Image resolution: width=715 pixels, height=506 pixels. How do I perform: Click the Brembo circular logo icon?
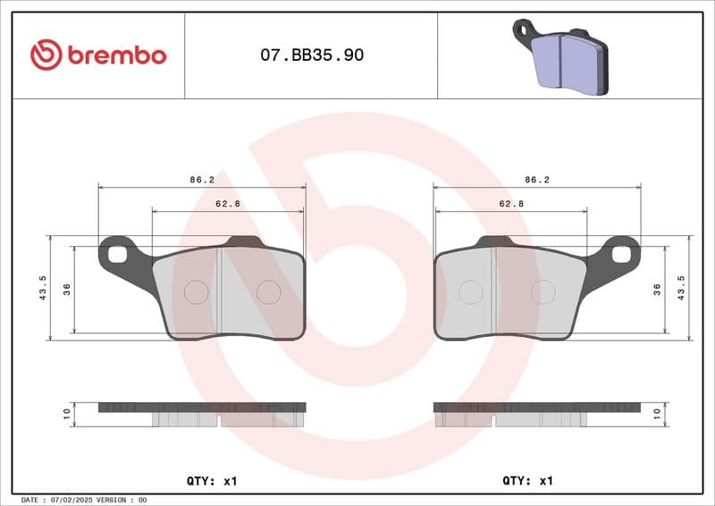46,55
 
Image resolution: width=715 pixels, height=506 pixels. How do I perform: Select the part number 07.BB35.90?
311,55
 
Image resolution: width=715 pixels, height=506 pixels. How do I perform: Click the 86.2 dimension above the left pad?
202,180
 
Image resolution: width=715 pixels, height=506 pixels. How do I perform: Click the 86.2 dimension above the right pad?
537,180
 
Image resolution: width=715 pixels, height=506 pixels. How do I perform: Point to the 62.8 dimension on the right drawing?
511,204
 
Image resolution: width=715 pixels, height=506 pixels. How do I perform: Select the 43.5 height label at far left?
43,288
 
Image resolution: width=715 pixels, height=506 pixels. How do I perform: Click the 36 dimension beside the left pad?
67,289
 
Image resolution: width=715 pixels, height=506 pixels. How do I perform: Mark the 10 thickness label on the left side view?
66,414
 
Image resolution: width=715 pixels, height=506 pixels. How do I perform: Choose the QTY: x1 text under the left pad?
212,481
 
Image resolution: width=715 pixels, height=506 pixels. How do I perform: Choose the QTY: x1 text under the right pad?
528,481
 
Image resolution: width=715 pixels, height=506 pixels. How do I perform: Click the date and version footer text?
83,500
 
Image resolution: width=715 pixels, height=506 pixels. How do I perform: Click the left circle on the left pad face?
196,291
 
